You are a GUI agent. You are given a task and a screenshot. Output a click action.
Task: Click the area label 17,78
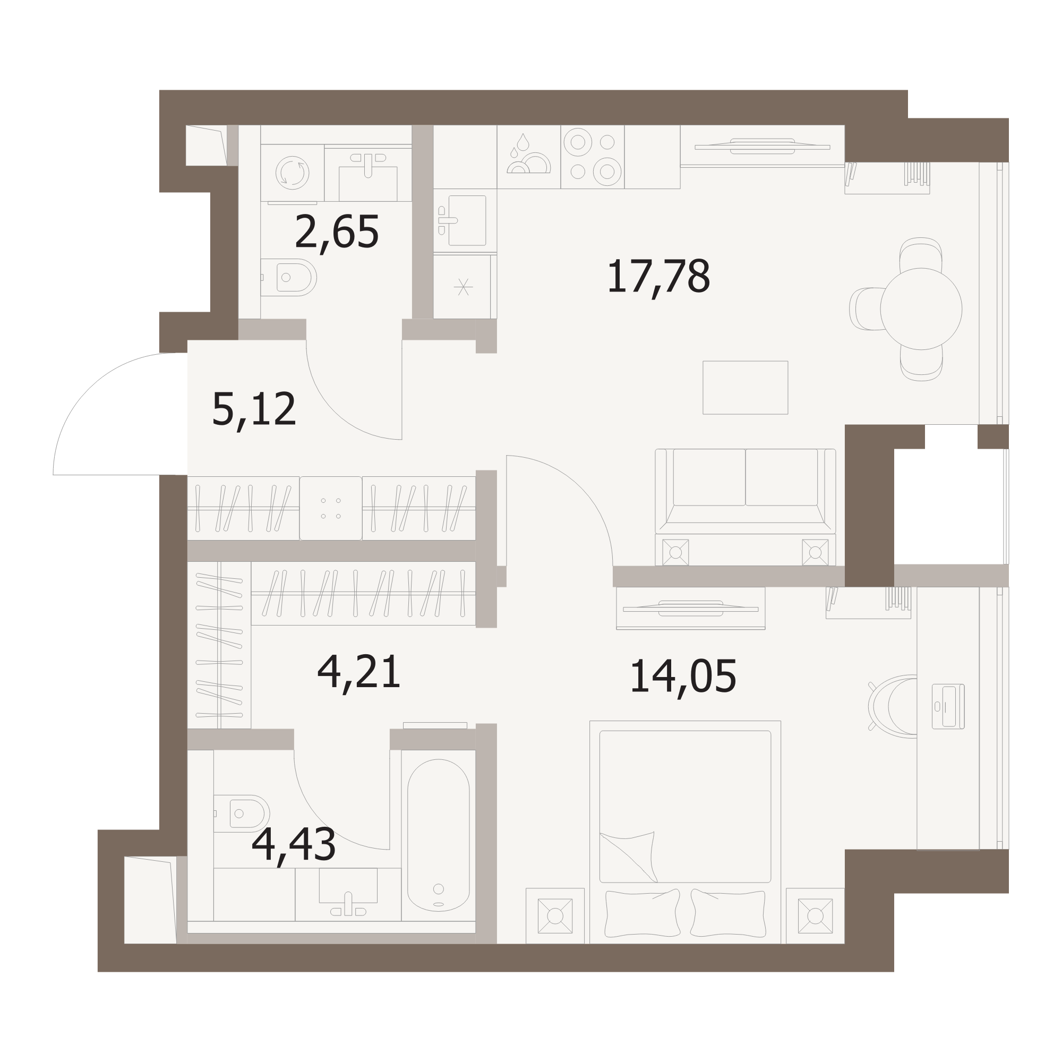click(x=658, y=278)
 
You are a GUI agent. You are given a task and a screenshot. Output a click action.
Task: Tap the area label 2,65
click(x=337, y=233)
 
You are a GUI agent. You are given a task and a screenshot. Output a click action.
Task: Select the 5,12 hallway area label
click(x=254, y=410)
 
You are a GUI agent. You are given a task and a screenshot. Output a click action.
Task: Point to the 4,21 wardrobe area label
click(x=359, y=673)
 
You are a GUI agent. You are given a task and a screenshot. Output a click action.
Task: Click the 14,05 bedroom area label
click(x=683, y=677)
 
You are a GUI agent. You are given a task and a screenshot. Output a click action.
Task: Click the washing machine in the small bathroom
click(x=292, y=173)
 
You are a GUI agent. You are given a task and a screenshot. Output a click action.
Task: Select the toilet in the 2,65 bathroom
click(x=288, y=278)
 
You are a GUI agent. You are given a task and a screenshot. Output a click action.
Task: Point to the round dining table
click(x=921, y=309)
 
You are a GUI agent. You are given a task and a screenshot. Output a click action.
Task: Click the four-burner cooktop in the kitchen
click(x=592, y=157)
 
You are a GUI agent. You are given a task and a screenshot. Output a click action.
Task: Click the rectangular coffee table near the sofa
click(x=746, y=388)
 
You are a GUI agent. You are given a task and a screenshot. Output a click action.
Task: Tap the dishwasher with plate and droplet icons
click(x=529, y=157)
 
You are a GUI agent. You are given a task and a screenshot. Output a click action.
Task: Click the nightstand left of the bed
click(x=555, y=916)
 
